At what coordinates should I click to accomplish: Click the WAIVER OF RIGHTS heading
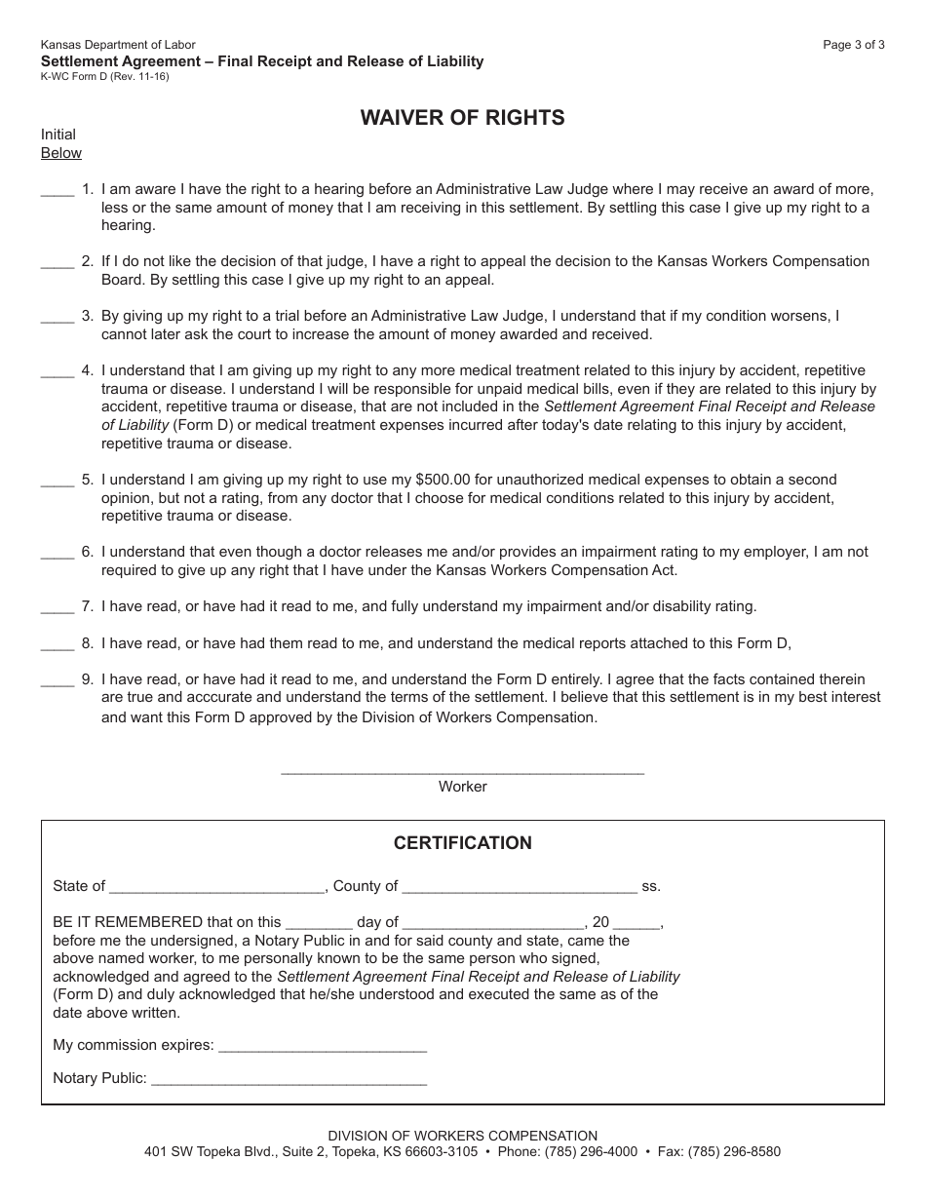click(x=462, y=118)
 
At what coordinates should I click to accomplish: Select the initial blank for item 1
click(x=58, y=191)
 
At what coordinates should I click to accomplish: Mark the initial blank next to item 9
click(x=58, y=681)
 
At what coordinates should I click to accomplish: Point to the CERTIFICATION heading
click(x=462, y=843)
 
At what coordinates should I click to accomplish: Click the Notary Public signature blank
click(x=289, y=1081)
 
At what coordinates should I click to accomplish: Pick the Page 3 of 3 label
click(x=854, y=45)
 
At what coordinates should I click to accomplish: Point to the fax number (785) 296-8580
click(x=734, y=1151)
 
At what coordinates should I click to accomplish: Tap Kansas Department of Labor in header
click(x=118, y=45)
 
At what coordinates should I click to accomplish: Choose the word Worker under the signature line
click(x=462, y=787)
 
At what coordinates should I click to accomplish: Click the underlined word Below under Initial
click(x=61, y=153)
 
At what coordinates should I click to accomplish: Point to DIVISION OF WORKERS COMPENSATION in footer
click(x=462, y=1136)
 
